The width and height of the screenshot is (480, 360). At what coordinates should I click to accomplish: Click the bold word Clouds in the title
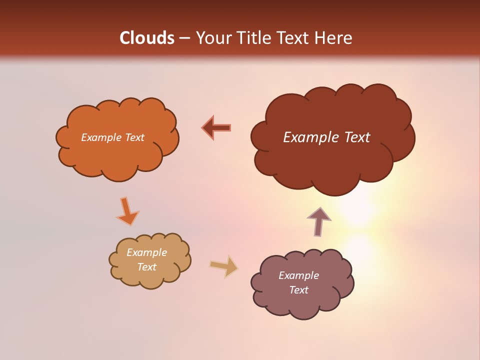pos(147,38)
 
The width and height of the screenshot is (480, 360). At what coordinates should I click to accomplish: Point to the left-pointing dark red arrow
pos(216,127)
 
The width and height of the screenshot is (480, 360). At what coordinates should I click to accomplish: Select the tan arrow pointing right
pos(224,266)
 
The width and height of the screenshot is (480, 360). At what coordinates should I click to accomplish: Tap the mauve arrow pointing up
pos(319,221)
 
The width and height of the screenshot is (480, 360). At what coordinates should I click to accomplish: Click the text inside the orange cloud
pos(112,137)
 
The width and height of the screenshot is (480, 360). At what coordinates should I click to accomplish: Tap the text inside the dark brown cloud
pos(326,137)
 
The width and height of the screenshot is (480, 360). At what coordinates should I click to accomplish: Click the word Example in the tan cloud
pos(146,252)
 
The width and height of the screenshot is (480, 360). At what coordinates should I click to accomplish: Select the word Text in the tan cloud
pos(146,267)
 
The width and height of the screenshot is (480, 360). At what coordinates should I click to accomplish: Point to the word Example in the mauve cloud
pos(298,275)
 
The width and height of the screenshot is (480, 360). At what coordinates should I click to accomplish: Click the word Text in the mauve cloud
pos(298,290)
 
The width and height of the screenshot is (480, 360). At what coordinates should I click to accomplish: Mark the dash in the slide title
pos(184,38)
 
